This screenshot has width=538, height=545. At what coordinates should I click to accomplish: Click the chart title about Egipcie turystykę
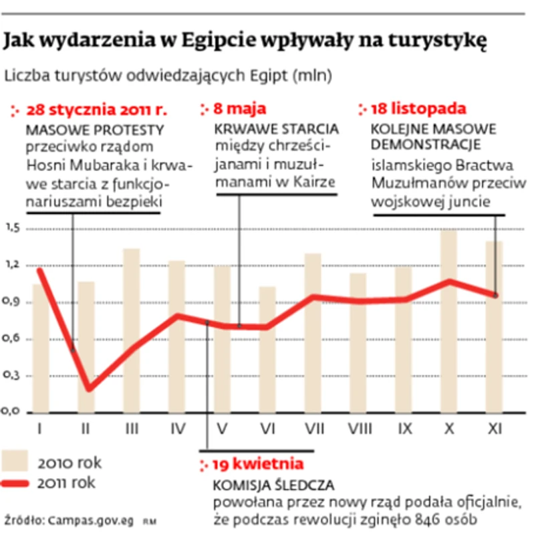pyautogui.click(x=245, y=42)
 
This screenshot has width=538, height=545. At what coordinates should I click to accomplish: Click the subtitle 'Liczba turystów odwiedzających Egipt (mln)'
pyautogui.click(x=168, y=76)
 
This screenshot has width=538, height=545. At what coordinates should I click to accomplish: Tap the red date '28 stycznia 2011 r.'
pyautogui.click(x=95, y=109)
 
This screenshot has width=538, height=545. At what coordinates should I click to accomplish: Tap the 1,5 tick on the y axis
pyautogui.click(x=13, y=229)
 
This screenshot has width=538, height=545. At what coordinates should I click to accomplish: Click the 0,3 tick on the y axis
pyautogui.click(x=13, y=376)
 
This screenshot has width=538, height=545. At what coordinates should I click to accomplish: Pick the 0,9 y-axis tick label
pyautogui.click(x=13, y=302)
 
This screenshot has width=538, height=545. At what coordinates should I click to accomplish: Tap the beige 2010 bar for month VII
pyautogui.click(x=313, y=334)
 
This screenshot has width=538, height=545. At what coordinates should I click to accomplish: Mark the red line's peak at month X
pyautogui.click(x=448, y=280)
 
